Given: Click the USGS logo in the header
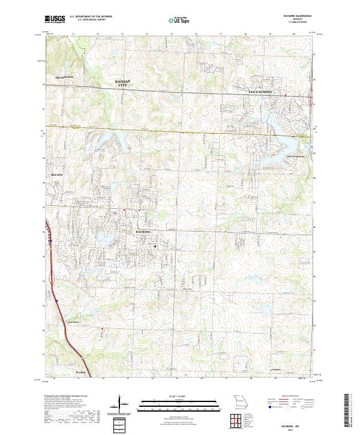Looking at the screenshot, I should (x=55, y=19).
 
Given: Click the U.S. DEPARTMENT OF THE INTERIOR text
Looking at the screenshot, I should (x=91, y=16).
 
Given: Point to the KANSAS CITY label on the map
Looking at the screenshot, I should (x=123, y=83).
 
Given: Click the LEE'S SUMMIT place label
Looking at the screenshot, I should (x=260, y=92).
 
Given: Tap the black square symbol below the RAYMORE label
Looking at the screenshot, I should (x=155, y=246).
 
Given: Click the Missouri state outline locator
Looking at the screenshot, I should (x=240, y=401).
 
